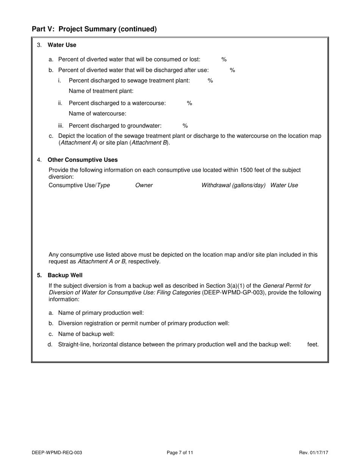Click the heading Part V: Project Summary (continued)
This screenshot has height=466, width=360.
[94, 29]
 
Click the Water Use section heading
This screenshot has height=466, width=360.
[62, 45]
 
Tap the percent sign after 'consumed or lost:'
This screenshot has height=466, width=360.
[224, 59]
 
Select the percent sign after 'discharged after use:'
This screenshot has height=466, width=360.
[233, 70]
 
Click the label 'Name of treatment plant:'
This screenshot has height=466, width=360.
[101, 91]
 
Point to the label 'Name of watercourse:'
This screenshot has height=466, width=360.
[97, 114]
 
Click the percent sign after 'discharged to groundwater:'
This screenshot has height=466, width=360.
[185, 126]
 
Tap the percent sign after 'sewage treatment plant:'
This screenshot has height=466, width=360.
[210, 81]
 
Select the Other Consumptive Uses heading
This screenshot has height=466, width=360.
[83, 160]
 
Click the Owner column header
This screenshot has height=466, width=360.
[144, 185]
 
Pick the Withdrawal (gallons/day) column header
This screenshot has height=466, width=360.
[233, 185]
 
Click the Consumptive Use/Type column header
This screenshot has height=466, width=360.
[79, 185]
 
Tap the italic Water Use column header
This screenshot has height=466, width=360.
[284, 185]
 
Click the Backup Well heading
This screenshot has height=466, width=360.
[65, 275]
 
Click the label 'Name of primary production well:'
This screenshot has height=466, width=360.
[101, 313]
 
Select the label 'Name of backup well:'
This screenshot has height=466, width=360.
[86, 334]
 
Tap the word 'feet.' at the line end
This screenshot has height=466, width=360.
[313, 345]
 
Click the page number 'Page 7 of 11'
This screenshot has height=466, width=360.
[180, 452]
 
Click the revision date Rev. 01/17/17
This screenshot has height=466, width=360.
[313, 452]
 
